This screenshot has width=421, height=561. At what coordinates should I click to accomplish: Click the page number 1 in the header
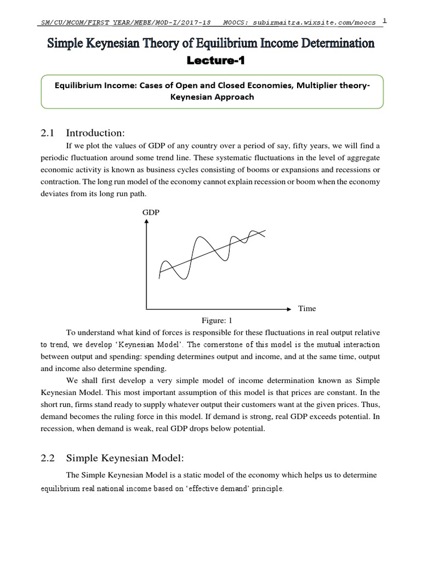pyautogui.click(x=385, y=21)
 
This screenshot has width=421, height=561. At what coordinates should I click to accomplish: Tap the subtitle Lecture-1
pyautogui.click(x=210, y=61)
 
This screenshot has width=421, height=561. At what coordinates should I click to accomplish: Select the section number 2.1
pyautogui.click(x=50, y=133)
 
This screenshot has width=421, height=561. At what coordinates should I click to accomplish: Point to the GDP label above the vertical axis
pyautogui.click(x=151, y=212)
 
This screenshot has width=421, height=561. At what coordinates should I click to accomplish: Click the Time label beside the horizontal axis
pyautogui.click(x=307, y=308)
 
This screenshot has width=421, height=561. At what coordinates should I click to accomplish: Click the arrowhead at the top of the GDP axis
pyautogui.click(x=146, y=221)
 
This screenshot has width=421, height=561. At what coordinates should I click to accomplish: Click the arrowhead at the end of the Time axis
pyautogui.click(x=289, y=309)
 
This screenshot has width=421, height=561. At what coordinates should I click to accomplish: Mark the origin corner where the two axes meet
pyautogui.click(x=146, y=309)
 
